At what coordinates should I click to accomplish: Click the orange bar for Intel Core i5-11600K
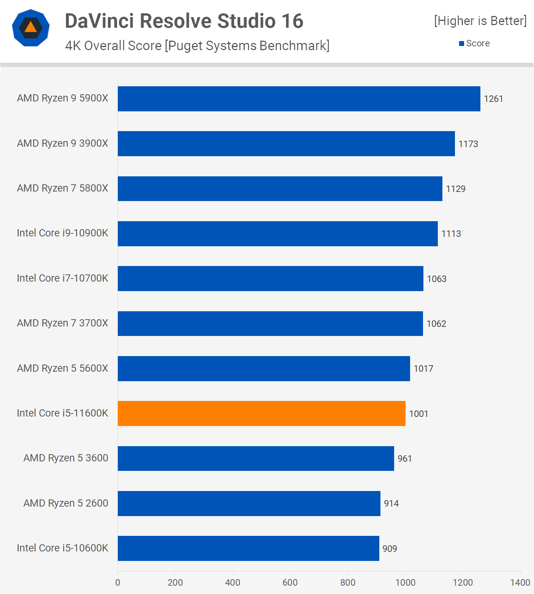(261, 413)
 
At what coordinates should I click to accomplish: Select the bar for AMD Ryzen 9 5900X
(299, 99)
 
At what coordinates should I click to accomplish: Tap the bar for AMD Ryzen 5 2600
(249, 504)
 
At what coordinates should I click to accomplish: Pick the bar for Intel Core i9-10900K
(277, 234)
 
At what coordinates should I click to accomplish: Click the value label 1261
(493, 99)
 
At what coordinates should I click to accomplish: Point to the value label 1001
(418, 414)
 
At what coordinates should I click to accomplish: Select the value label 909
(390, 549)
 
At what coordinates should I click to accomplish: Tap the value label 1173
(468, 144)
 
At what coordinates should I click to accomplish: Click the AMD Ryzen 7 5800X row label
(63, 188)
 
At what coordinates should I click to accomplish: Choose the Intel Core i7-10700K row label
(63, 278)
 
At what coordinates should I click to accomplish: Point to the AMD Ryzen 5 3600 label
(66, 458)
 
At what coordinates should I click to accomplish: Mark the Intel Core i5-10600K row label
(63, 548)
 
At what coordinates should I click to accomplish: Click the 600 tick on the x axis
(290, 583)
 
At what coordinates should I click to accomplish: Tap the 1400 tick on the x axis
(520, 583)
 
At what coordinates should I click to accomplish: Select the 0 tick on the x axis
(118, 583)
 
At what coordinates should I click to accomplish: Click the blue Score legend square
(461, 44)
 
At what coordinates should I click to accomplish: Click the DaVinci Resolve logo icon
(31, 28)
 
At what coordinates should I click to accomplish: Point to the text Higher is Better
(480, 21)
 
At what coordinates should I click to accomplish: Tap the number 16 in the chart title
(292, 21)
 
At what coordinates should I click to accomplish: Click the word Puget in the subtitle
(185, 46)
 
